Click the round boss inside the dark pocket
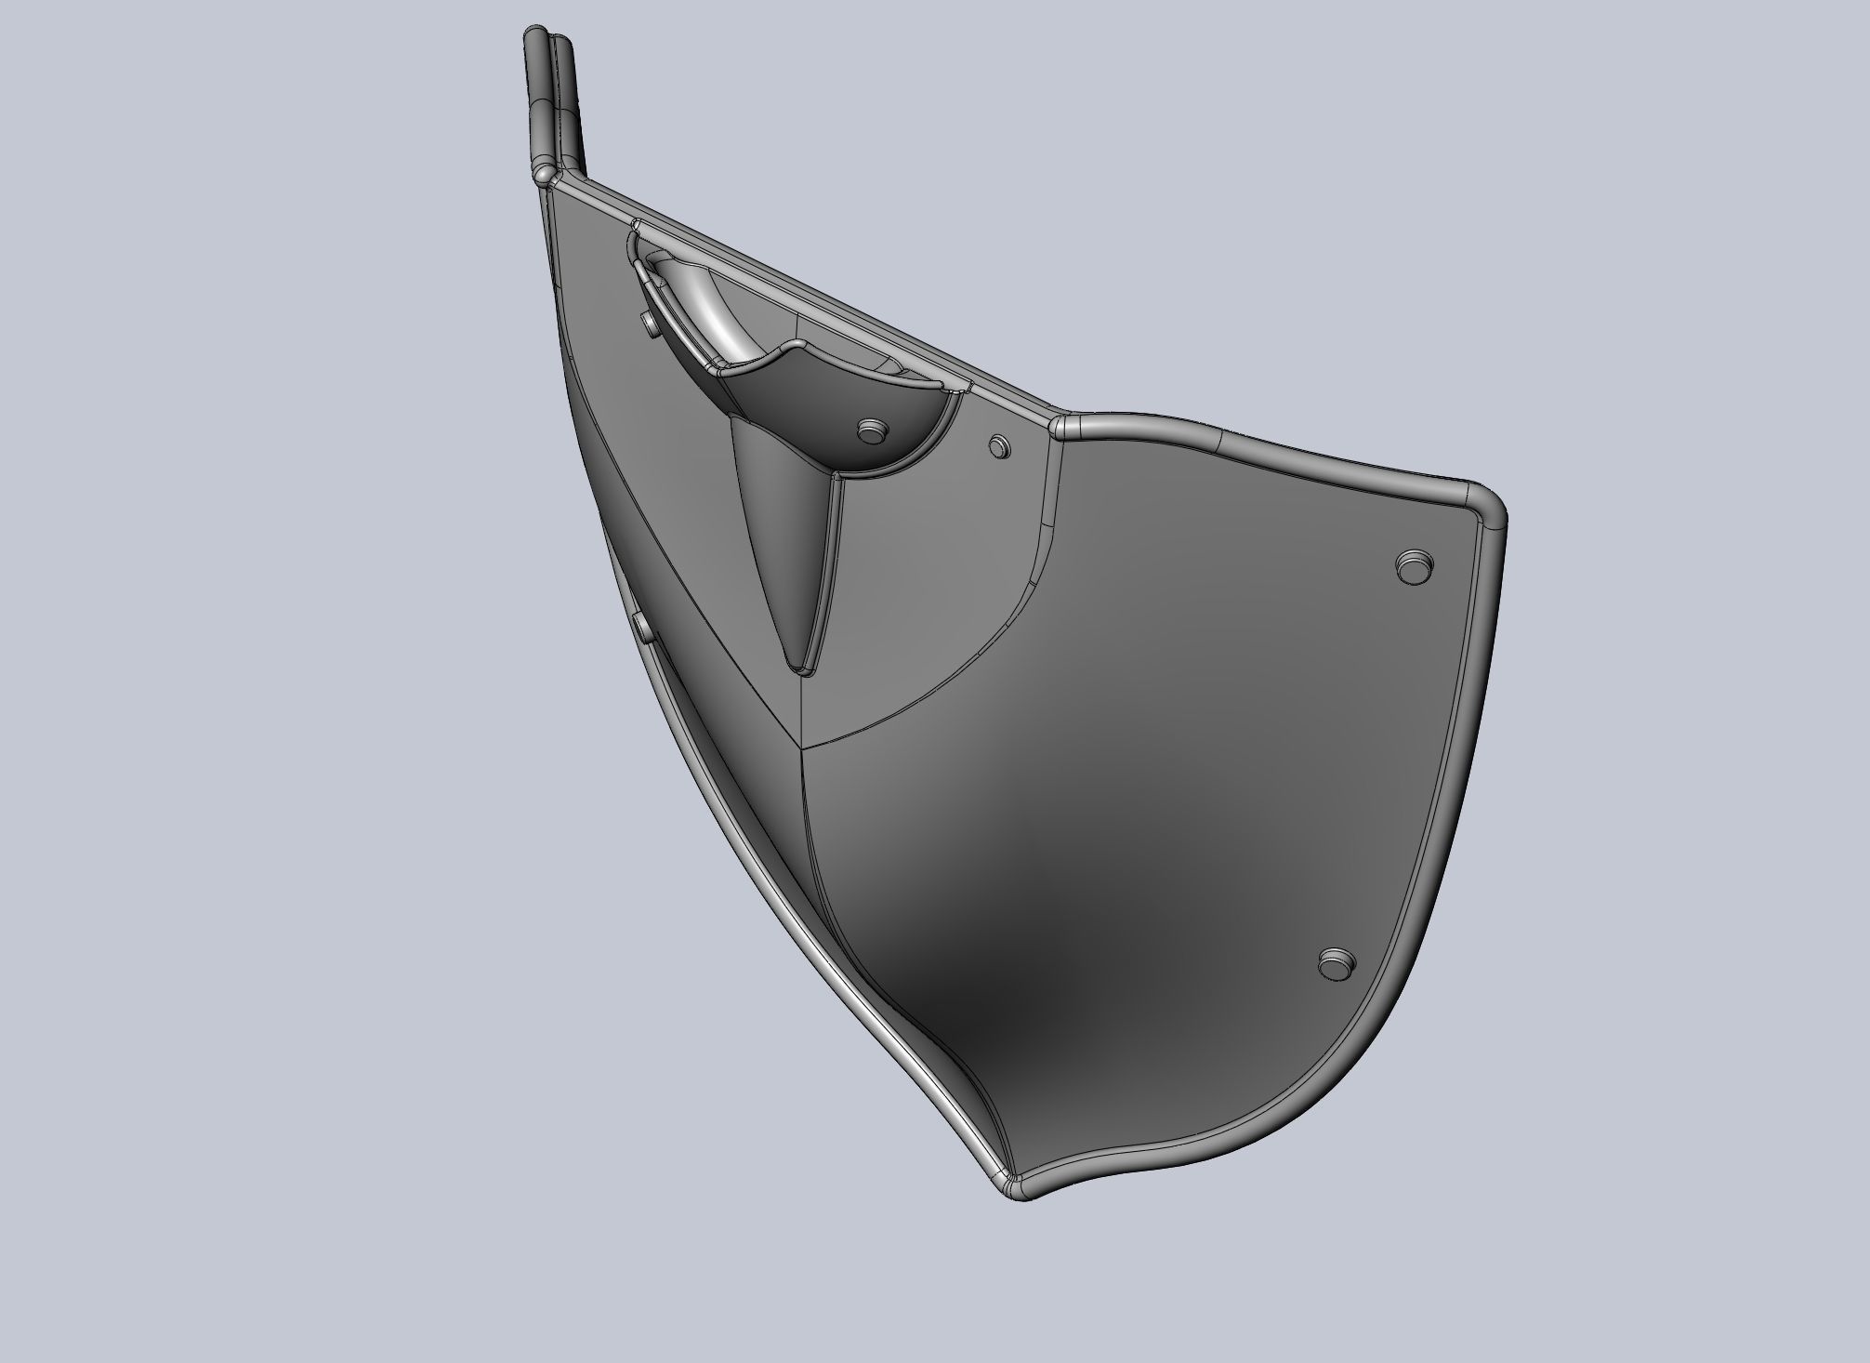pyautogui.click(x=872, y=430)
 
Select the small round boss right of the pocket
pyautogui.click(x=999, y=444)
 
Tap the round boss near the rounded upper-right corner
pyautogui.click(x=1415, y=565)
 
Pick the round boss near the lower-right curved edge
pyautogui.click(x=1337, y=963)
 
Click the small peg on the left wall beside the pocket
pyautogui.click(x=649, y=324)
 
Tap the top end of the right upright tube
pyautogui.click(x=561, y=41)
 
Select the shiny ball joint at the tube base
pyautogui.click(x=544, y=173)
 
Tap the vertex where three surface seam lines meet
pyautogui.click(x=801, y=746)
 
